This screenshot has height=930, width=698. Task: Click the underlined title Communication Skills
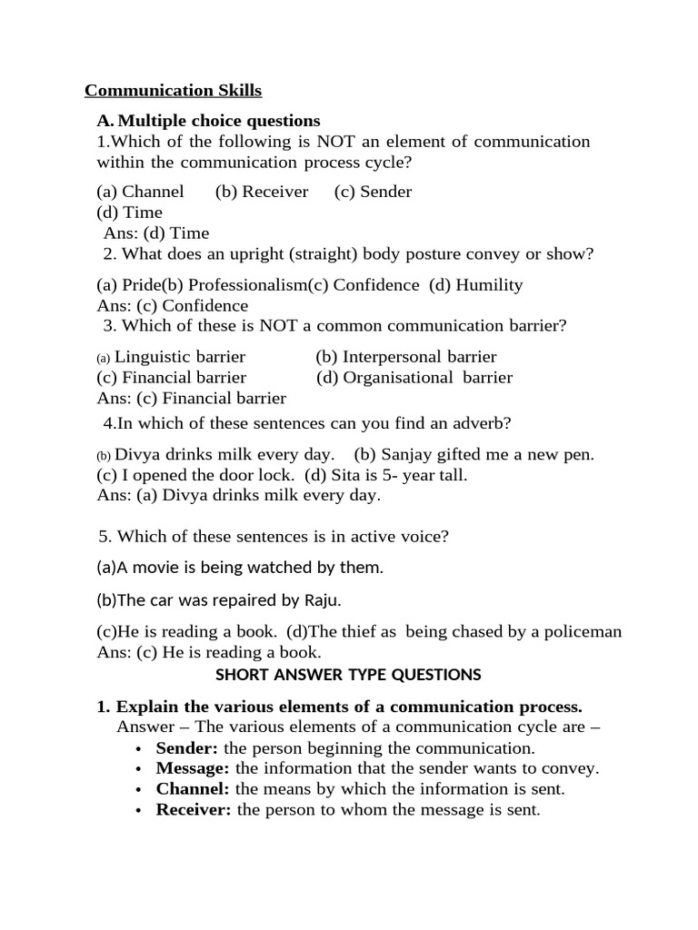[173, 91]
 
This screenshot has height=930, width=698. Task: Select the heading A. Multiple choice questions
[208, 121]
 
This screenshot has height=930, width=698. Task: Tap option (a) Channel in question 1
[140, 192]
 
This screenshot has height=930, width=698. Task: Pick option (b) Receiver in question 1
[262, 192]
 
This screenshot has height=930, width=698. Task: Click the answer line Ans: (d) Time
[156, 233]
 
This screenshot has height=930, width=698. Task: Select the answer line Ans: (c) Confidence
[172, 306]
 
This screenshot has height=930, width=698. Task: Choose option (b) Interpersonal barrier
[406, 357]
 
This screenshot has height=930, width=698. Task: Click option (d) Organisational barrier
[414, 378]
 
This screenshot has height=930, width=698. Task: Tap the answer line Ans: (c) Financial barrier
[191, 399]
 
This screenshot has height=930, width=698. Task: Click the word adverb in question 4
[486, 423]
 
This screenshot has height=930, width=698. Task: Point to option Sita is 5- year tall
[386, 475]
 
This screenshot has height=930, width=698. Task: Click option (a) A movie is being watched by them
[240, 569]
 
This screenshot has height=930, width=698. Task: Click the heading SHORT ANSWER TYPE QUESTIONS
[348, 675]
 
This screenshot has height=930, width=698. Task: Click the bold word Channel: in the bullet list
[193, 789]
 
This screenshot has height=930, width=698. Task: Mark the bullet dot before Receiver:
[137, 811]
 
